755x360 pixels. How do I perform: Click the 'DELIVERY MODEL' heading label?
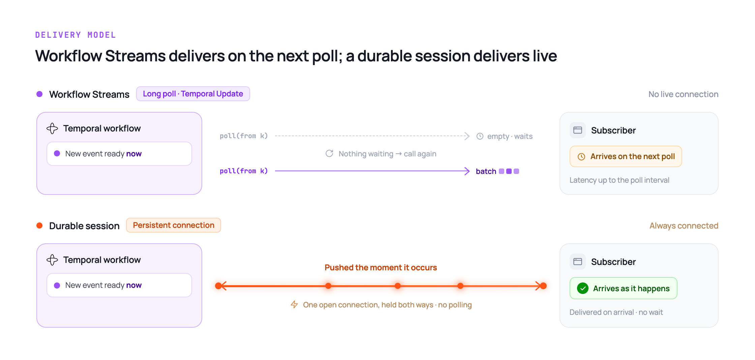pos(75,35)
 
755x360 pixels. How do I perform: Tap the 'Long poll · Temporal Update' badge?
pos(193,94)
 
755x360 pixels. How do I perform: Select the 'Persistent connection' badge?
pos(174,225)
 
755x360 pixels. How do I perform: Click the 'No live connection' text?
pos(683,94)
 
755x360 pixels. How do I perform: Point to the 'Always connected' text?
pos(684,226)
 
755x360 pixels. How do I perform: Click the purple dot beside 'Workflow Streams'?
pos(39,94)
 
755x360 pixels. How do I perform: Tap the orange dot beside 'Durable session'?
pos(39,226)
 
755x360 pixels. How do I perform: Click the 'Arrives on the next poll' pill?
pos(626,156)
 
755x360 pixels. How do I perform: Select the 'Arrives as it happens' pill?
pos(623,288)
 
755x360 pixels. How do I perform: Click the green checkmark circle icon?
pos(583,288)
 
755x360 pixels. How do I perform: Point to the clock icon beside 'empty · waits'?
pos(480,136)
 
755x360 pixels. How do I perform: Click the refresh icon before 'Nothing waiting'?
pos(329,154)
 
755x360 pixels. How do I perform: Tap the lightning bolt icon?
pos(294,305)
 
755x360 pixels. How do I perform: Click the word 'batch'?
pos(486,171)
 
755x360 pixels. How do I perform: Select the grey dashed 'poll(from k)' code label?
pos(244,136)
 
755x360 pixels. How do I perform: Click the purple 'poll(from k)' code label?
pos(244,171)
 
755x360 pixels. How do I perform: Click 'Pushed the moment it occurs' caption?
pos(381,268)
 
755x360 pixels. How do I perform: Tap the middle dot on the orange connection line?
pos(398,286)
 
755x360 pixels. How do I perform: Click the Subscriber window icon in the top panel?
pos(578,130)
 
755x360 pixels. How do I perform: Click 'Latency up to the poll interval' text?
pos(619,180)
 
